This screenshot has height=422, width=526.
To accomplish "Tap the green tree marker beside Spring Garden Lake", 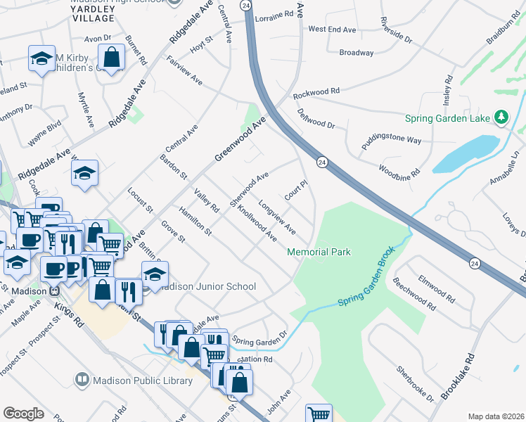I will pos(501,116).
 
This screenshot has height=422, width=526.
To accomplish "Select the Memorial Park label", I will pos(319,252).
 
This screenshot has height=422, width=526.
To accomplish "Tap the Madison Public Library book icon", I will pos(82,381).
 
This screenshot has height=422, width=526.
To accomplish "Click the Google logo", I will pos(23,414).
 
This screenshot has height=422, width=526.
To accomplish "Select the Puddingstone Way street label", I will pos(391,137).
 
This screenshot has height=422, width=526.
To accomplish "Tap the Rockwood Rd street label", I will pos(316,92).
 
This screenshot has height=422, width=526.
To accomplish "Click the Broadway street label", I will pos(356,53).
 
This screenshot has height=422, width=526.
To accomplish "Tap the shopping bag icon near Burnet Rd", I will pos(112,56).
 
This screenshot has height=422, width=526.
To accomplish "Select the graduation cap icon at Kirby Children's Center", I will pos(41,58).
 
